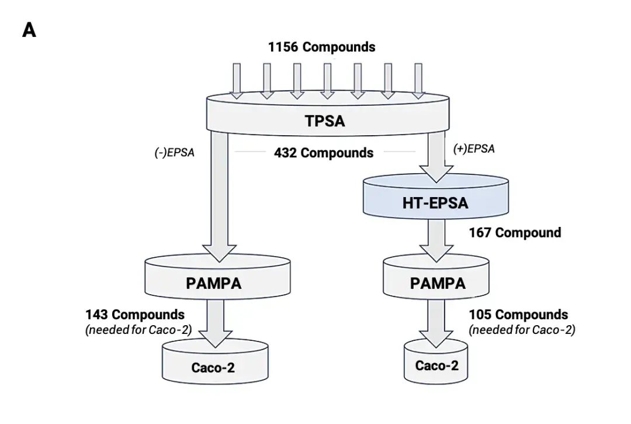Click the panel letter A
coord(29,30)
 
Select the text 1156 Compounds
coord(321,47)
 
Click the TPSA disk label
coord(324,121)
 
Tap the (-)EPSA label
coord(174,153)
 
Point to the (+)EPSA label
coord(474,149)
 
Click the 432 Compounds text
coord(323,153)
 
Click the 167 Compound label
coord(515,233)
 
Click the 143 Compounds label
coord(135,315)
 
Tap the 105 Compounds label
coord(518,315)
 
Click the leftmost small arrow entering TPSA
coord(237,80)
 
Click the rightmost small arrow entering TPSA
coord(418,80)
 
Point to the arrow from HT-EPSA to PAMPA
coord(436,239)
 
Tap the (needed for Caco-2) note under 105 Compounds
coord(522,330)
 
